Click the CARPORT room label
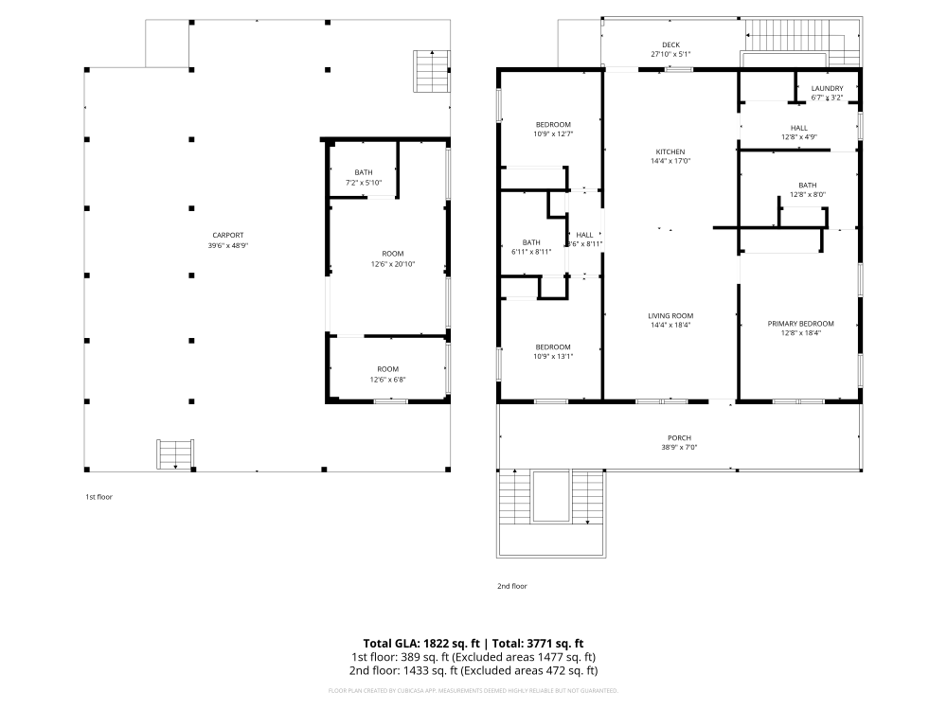[x=226, y=235]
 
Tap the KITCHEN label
[x=670, y=151]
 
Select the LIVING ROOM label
[x=670, y=315]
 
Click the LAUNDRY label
[x=827, y=88]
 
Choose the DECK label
[x=670, y=44]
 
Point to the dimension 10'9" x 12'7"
[x=552, y=133]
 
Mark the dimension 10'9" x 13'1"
[x=552, y=356]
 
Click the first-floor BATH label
[x=364, y=171]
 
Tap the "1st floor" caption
[x=98, y=496]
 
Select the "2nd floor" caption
[x=511, y=586]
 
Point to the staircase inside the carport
[x=176, y=453]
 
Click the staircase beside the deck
[x=429, y=71]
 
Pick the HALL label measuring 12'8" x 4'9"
[x=799, y=127]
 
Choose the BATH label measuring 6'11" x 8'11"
[x=530, y=241]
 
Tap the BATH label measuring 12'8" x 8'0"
[x=807, y=185]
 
